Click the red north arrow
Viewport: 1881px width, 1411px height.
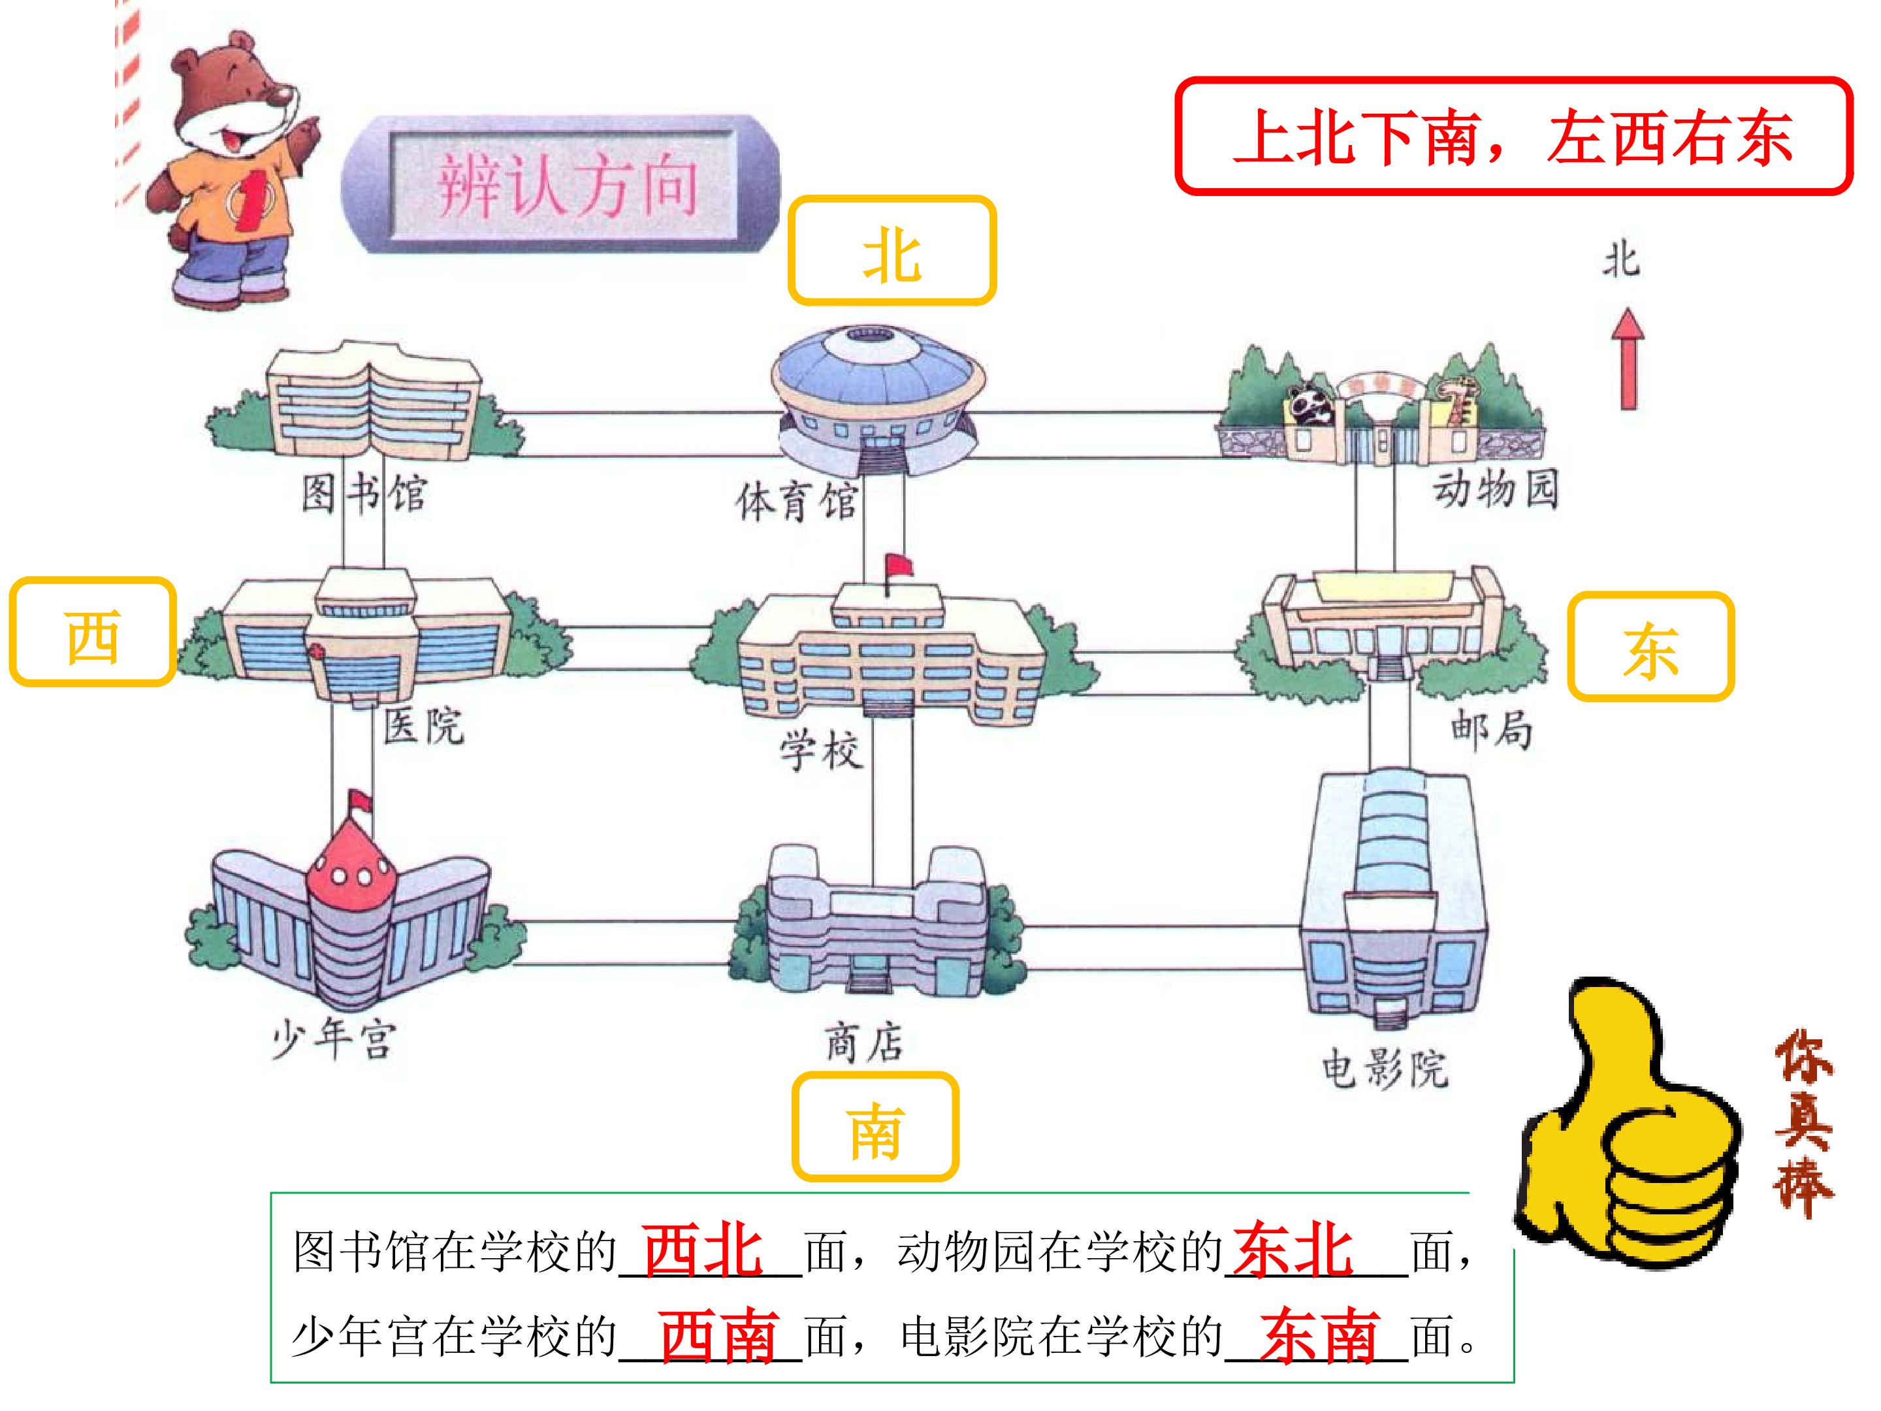pyautogui.click(x=1628, y=358)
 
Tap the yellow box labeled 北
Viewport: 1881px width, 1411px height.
pyautogui.click(x=892, y=251)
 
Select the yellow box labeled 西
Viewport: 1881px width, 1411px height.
pyautogui.click(x=93, y=631)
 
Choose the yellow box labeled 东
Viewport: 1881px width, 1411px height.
pyautogui.click(x=1650, y=647)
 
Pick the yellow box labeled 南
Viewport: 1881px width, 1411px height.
pyautogui.click(x=875, y=1126)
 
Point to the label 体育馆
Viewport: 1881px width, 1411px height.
pyautogui.click(x=796, y=501)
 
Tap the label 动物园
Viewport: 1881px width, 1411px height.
pyautogui.click(x=1496, y=489)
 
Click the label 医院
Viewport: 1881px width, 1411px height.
pyautogui.click(x=423, y=726)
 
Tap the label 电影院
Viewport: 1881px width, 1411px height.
pyautogui.click(x=1385, y=1068)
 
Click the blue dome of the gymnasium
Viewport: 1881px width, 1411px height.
pyautogui.click(x=878, y=372)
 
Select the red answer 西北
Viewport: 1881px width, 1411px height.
pyautogui.click(x=702, y=1250)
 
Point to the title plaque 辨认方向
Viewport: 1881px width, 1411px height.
pyautogui.click(x=561, y=185)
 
